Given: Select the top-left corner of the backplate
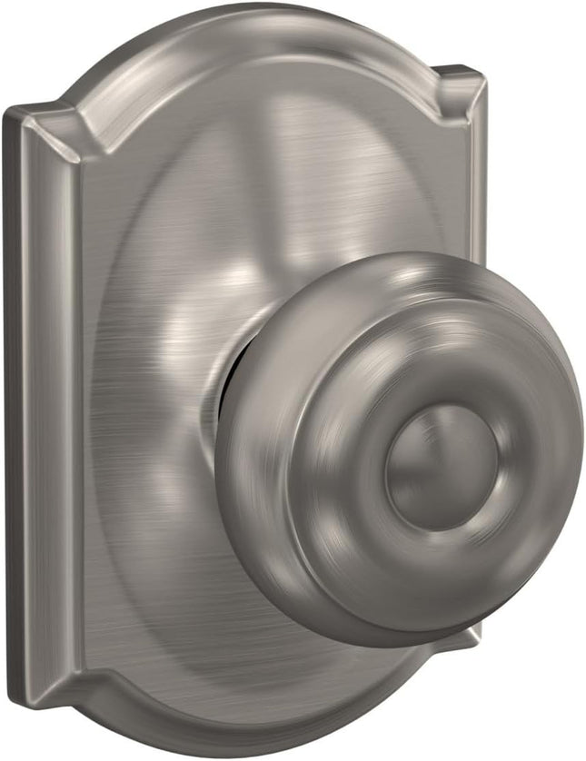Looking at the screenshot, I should coord(11,111).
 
